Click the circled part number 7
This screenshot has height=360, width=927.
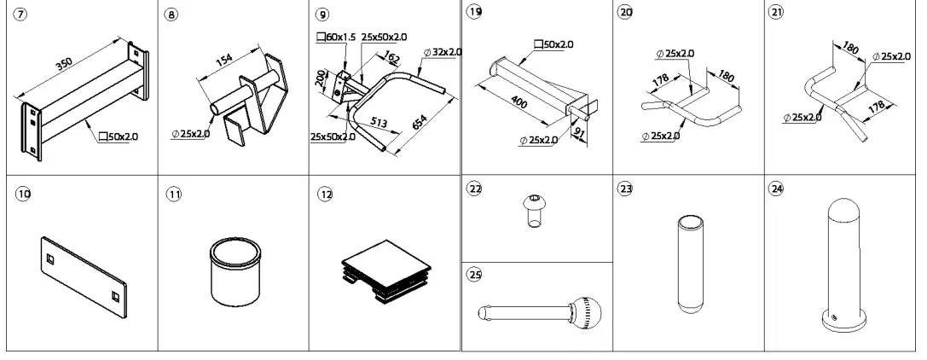click(18, 16)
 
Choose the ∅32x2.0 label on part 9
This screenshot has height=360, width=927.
click(443, 52)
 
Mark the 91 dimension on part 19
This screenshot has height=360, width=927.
click(580, 132)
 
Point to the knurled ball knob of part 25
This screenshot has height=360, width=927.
click(588, 311)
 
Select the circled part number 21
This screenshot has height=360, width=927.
click(777, 16)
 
